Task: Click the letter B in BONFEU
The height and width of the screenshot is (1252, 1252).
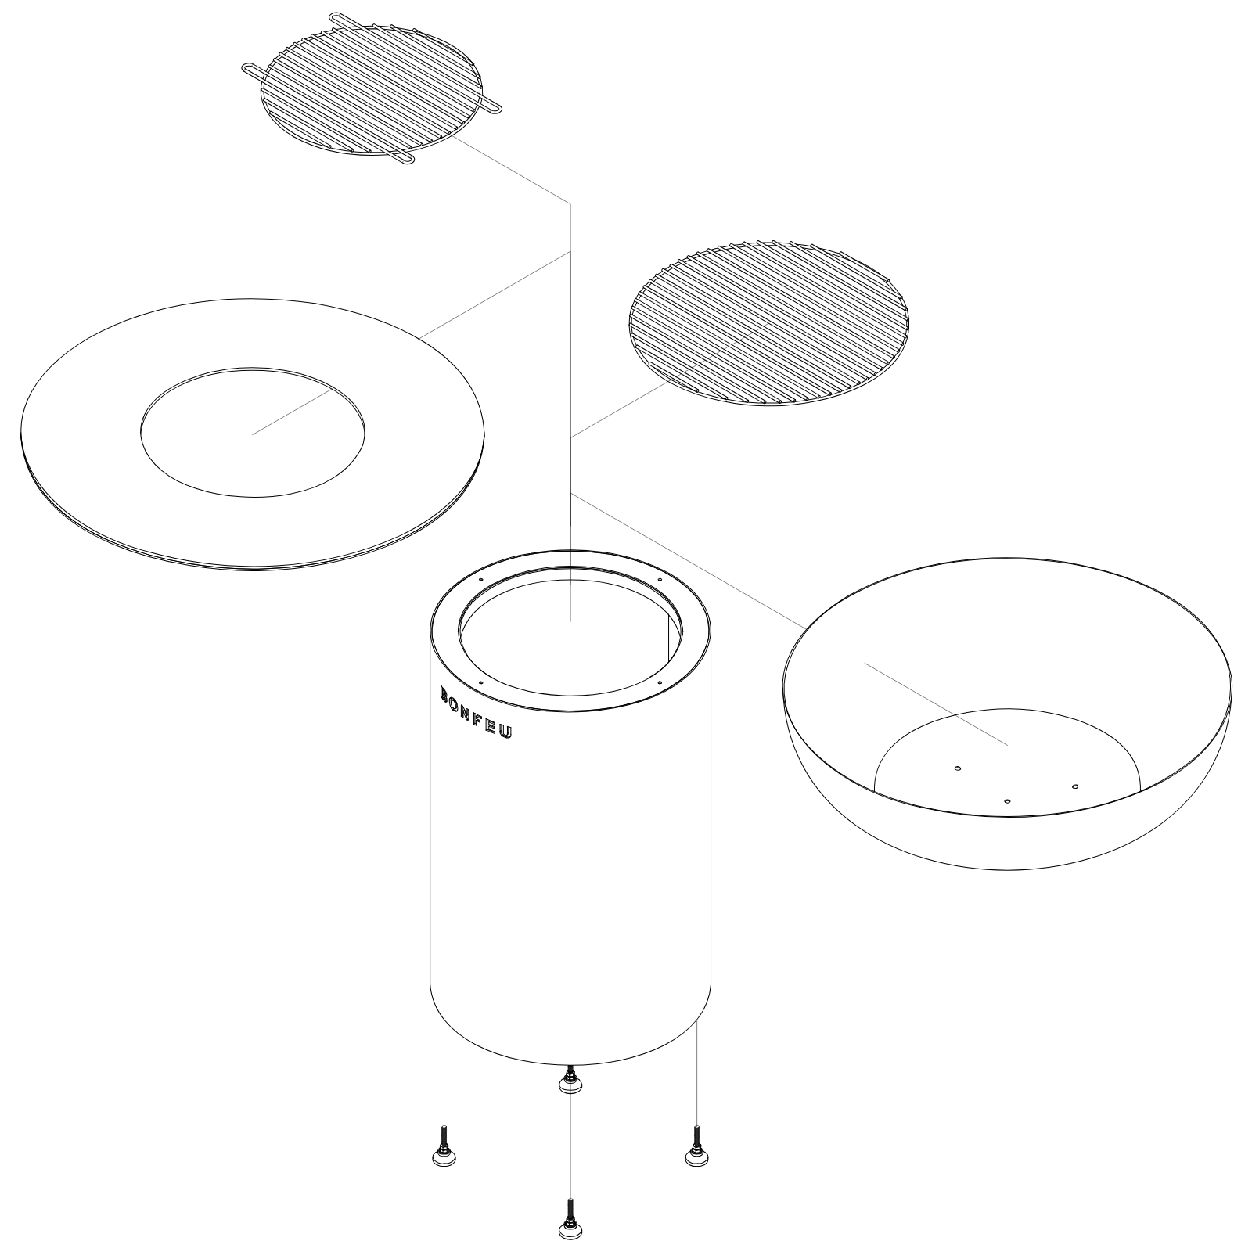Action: click(x=444, y=694)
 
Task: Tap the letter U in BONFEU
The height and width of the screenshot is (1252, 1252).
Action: click(x=506, y=735)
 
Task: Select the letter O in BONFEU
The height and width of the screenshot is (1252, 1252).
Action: click(x=456, y=702)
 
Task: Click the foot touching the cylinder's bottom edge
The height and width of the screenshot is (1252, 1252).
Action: click(x=570, y=1082)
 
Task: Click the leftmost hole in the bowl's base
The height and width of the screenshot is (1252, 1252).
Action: click(x=956, y=769)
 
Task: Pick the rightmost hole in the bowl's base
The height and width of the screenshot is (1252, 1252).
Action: click(x=1075, y=786)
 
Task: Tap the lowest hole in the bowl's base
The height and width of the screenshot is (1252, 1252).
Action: click(x=1008, y=801)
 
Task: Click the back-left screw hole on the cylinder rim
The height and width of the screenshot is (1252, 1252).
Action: click(x=480, y=580)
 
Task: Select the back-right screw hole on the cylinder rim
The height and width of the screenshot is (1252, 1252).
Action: click(x=660, y=580)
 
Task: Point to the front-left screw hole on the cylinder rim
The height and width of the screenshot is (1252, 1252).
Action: click(x=480, y=682)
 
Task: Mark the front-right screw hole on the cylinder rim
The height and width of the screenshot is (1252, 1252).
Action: click(x=660, y=682)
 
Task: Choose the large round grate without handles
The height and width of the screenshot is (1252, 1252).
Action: click(x=769, y=322)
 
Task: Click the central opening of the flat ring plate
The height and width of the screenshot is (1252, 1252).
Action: click(x=252, y=432)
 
